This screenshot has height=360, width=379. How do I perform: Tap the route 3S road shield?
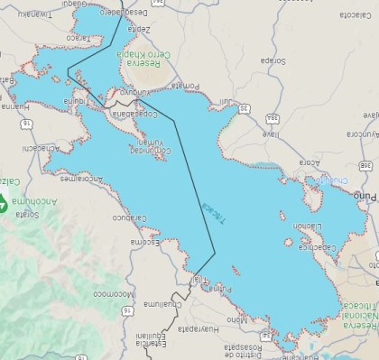[243, 108]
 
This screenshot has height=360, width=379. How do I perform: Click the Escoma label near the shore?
[145, 242]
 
